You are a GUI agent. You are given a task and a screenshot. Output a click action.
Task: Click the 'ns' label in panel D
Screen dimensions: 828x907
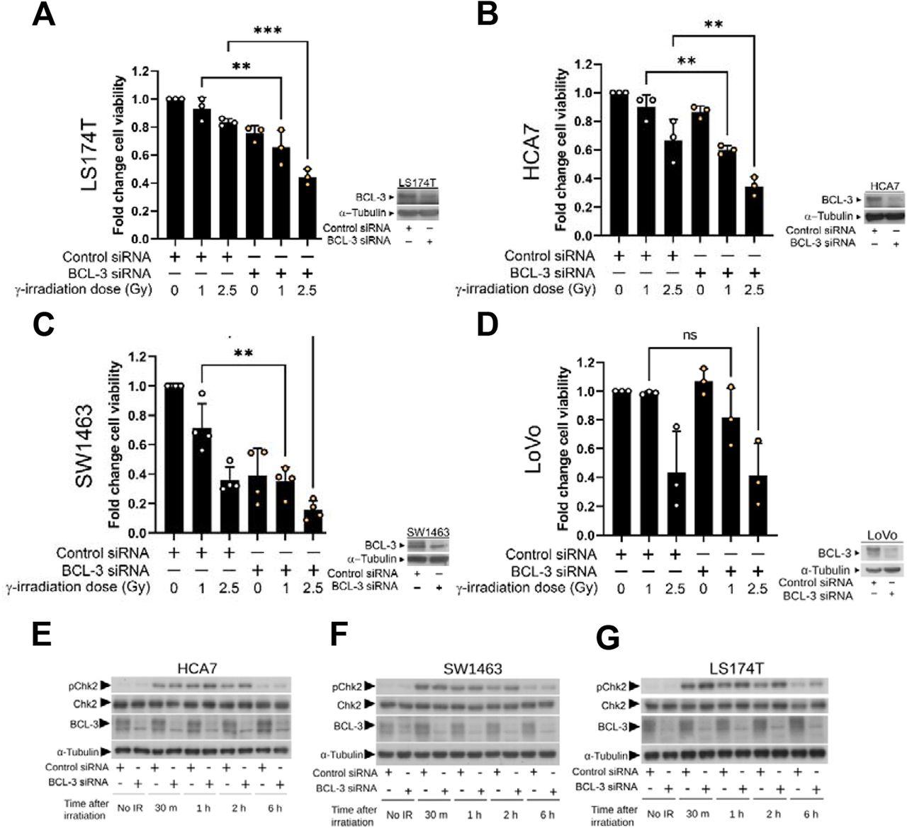click(689, 335)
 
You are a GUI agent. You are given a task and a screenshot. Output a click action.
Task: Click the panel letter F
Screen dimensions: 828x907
click(342, 635)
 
